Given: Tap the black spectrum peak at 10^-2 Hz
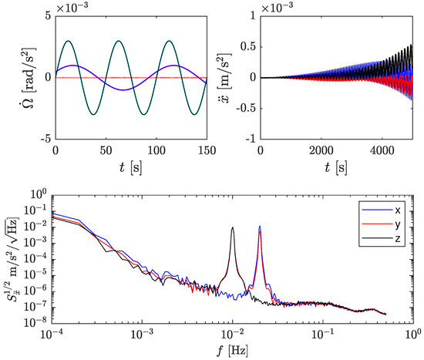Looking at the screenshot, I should tap(232, 228).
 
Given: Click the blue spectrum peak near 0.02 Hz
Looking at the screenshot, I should tap(260, 227).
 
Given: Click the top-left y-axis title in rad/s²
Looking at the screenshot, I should tap(17, 77).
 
